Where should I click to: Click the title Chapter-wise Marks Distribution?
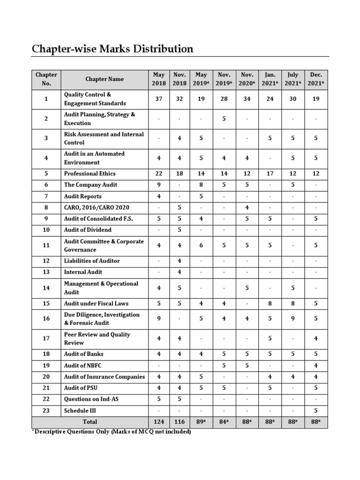point(112,49)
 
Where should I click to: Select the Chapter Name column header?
point(105,79)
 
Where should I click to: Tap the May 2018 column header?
point(158,79)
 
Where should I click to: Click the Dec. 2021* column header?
point(316,79)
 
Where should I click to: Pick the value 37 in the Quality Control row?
point(158,99)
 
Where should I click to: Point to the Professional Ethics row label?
point(90,173)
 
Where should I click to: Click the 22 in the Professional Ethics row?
point(158,173)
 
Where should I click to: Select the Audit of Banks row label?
point(83,354)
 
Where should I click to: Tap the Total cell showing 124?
point(158,422)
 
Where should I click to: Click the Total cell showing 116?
point(180,422)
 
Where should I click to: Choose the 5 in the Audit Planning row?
point(224,119)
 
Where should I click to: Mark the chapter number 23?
point(46,411)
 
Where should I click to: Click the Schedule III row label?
point(81,411)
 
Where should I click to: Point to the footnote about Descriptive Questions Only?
point(111,432)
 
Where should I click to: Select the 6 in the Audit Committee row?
point(201,245)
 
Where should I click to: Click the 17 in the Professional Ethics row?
point(270,173)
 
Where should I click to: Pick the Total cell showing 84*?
point(224,422)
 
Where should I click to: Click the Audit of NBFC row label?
point(83,365)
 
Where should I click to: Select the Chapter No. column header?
point(46,79)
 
